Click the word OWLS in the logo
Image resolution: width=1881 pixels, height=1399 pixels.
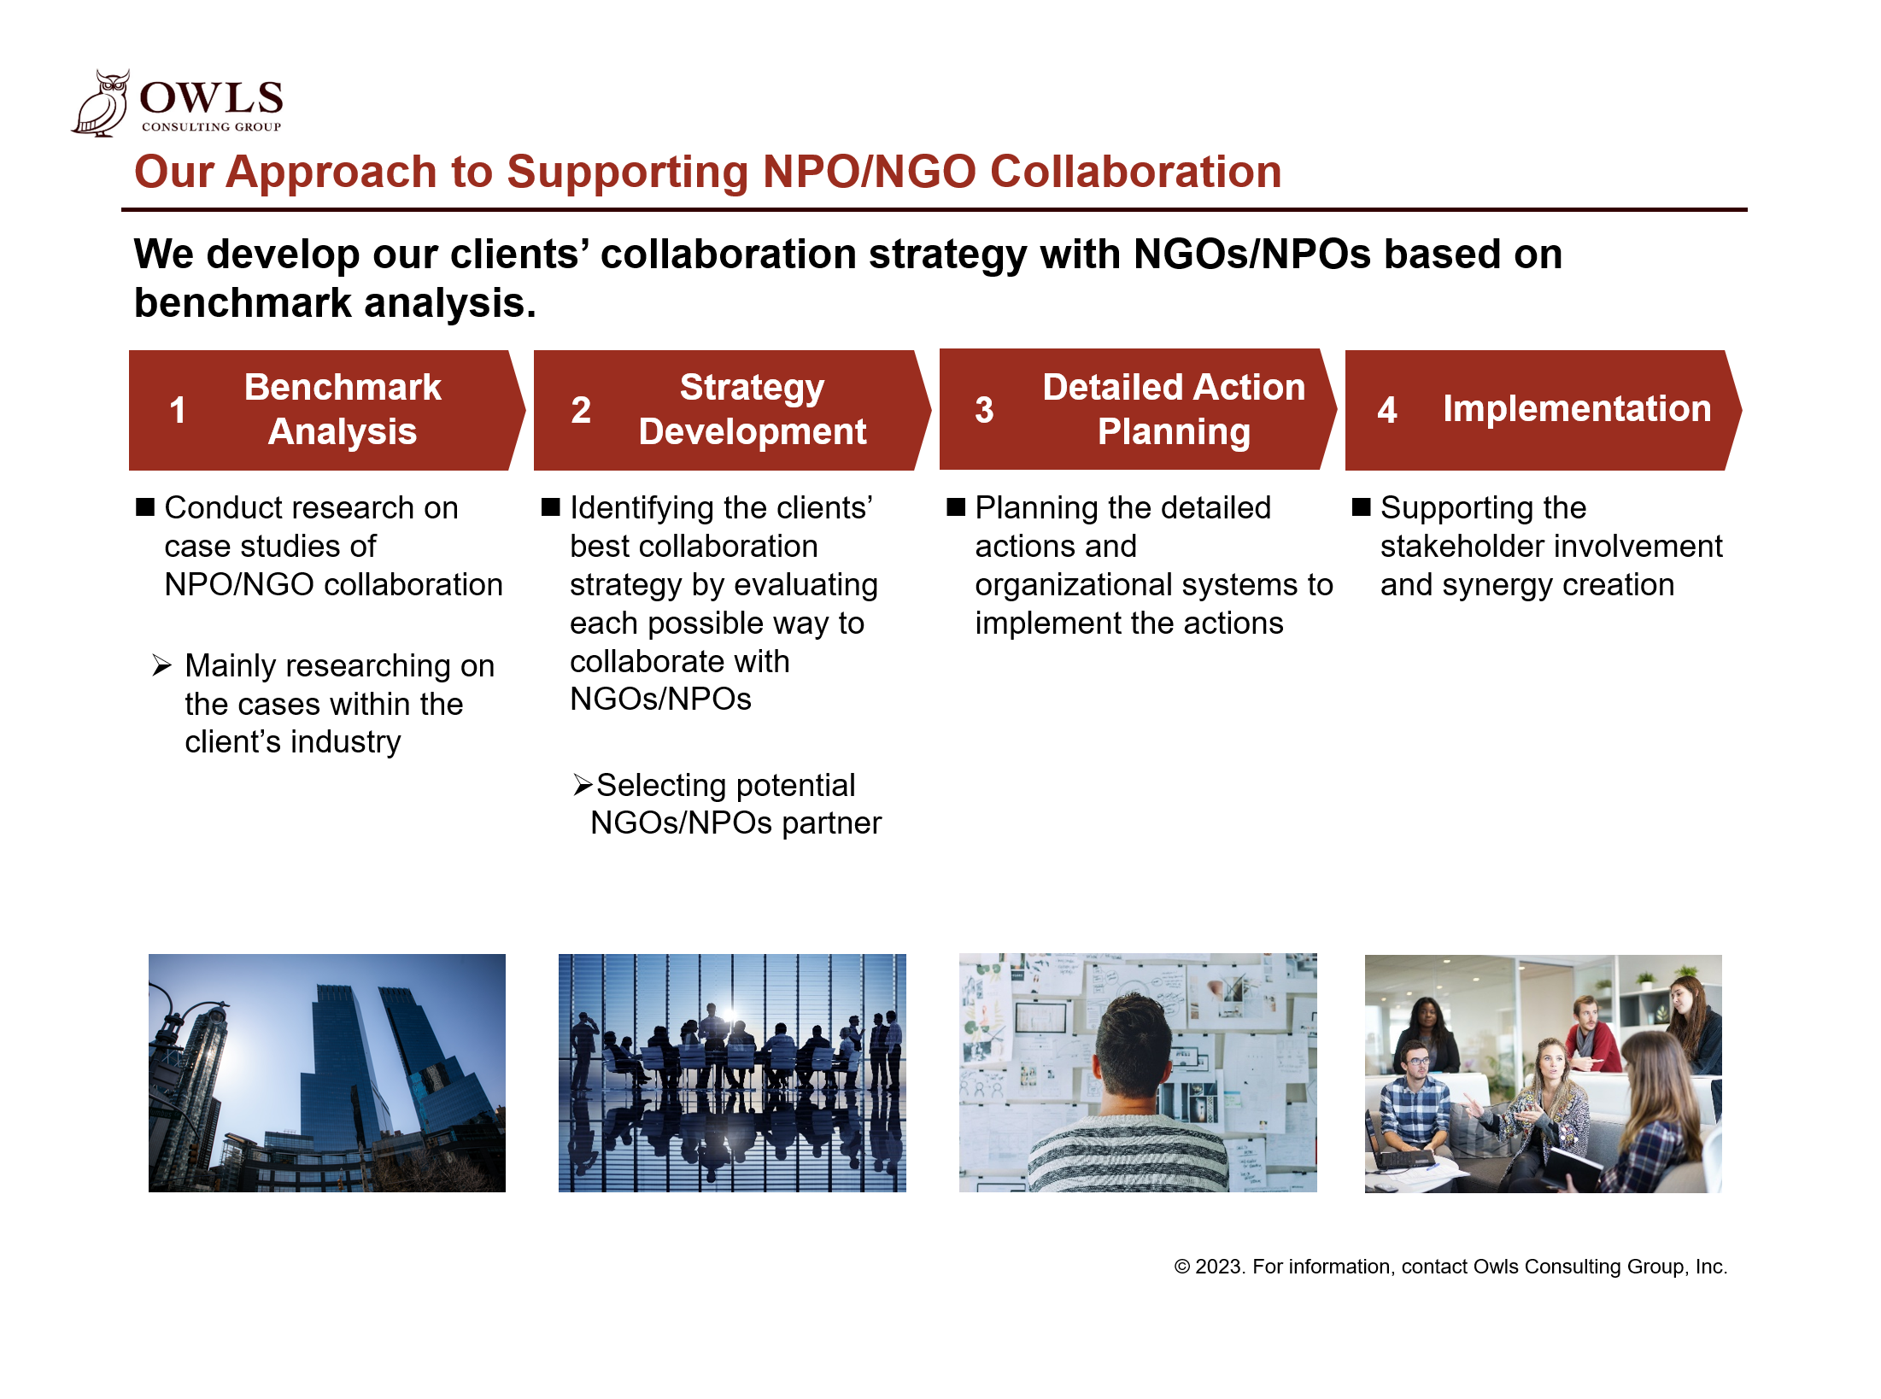(211, 97)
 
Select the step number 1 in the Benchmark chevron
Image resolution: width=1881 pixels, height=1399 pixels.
(178, 410)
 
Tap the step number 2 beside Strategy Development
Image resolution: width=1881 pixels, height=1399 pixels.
(581, 410)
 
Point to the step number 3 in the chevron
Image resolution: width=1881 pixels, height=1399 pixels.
(984, 410)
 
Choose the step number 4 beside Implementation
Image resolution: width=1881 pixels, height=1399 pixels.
(1387, 410)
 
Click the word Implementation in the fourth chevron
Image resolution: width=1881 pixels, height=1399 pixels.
(1577, 408)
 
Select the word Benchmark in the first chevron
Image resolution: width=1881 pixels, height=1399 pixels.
(343, 387)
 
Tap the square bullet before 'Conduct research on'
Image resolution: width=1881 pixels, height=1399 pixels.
(145, 507)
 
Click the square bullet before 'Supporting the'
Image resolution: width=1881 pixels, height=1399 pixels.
(1362, 507)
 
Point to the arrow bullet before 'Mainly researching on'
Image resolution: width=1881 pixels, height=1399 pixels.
(162, 665)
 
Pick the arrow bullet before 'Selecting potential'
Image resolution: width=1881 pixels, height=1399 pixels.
(583, 784)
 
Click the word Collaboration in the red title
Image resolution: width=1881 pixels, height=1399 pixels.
(1136, 172)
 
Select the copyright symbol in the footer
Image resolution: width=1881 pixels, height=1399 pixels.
(1182, 1267)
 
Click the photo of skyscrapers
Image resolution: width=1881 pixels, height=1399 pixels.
(327, 1073)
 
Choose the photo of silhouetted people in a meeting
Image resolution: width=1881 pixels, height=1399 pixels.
(732, 1073)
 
